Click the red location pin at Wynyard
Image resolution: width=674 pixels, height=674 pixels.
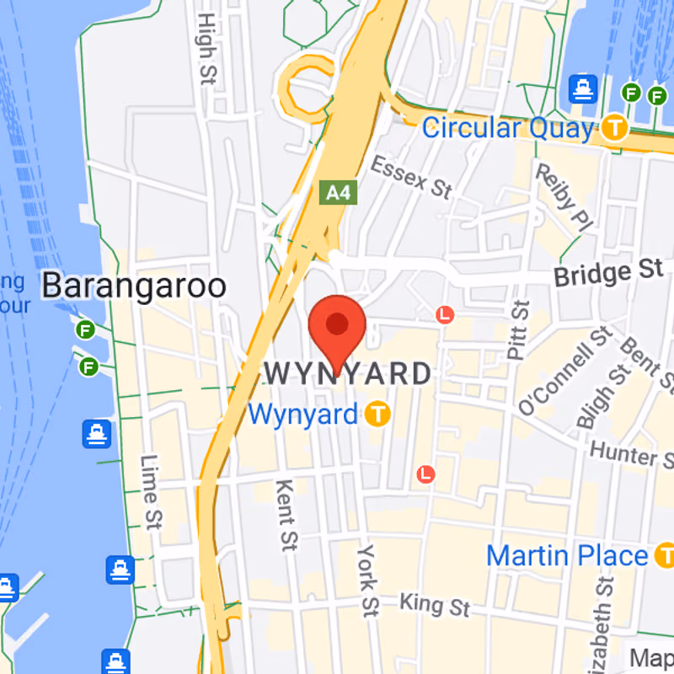point(337,325)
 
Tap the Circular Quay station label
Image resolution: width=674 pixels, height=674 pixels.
point(507,129)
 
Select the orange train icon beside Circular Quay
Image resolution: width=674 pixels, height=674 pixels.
point(616,128)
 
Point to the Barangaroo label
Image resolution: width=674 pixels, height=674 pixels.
point(134,286)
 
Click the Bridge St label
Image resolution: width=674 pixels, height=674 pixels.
point(608,273)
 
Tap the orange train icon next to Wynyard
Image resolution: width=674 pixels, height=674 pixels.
point(378,414)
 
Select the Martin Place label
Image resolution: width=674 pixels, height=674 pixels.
point(567,556)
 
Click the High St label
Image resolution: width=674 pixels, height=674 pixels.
point(205,47)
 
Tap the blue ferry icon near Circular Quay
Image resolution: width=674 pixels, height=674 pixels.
point(582,88)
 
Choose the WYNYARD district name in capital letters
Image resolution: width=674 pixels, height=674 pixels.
point(348,372)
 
